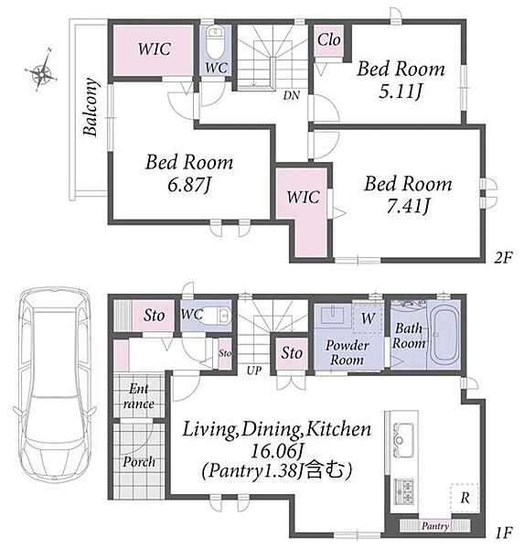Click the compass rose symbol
41,70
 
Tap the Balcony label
90,107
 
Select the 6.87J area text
189,185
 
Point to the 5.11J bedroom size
401,91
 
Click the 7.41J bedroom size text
408,206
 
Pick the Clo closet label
328,39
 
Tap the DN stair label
291,95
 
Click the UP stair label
254,371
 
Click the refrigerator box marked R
465,498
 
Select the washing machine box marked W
368,318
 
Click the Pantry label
435,526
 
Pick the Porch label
139,462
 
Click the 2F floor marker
503,258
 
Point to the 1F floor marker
503,533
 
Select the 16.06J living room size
276,451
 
